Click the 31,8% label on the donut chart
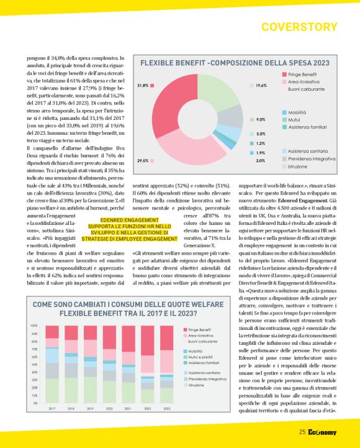coord(142,85)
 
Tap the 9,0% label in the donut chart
coord(261,119)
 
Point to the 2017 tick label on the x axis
coord(52,408)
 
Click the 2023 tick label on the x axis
coord(166,408)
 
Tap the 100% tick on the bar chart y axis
coord(34,326)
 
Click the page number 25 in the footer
coord(302,432)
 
